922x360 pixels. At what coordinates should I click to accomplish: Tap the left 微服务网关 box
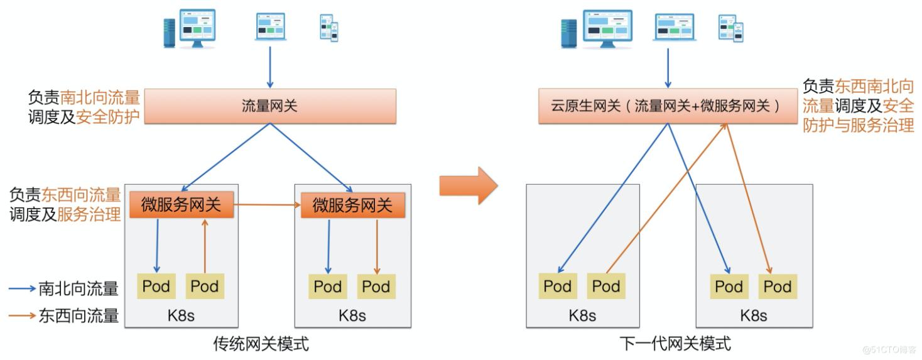click(182, 205)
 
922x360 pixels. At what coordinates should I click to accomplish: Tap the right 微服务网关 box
click(352, 205)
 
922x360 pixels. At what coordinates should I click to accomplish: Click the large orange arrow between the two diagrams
click(469, 185)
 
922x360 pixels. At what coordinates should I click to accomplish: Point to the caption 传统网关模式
click(261, 344)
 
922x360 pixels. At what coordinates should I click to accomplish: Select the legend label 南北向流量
click(79, 288)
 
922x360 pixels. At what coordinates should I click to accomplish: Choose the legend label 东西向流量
click(79, 315)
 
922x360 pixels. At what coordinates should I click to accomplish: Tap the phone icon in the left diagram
click(329, 28)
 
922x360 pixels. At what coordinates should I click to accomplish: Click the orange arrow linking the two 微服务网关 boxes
click(267, 205)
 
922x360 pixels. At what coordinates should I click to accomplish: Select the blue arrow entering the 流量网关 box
click(270, 67)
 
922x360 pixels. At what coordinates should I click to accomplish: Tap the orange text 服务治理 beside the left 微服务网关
click(89, 214)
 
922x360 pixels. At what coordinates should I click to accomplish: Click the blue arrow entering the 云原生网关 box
click(667, 67)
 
